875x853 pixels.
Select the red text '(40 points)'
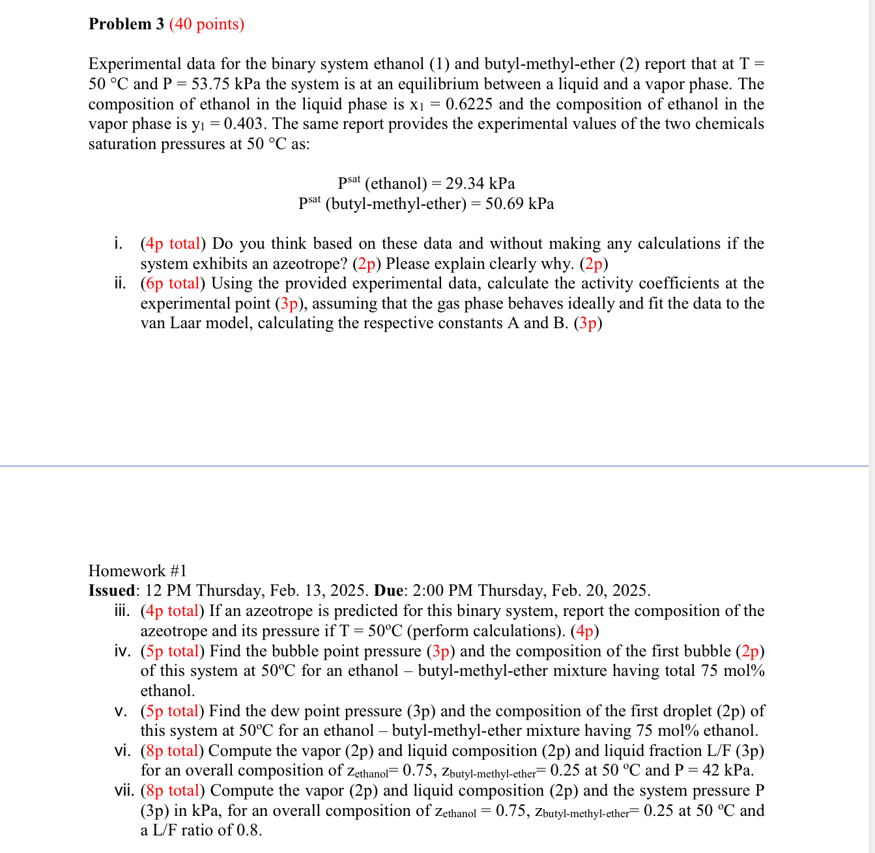[x=207, y=24]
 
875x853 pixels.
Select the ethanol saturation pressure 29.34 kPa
[x=480, y=183]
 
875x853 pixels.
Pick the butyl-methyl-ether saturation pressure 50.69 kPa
[x=519, y=204]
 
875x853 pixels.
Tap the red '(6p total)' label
[x=173, y=283]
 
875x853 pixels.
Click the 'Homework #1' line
[x=137, y=571]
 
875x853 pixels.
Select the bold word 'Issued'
[x=112, y=591]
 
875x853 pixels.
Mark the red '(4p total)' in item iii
[x=173, y=611]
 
